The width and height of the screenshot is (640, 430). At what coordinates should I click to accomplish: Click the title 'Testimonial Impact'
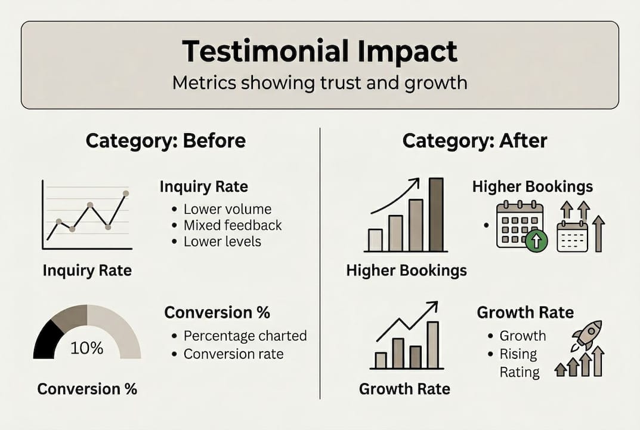pos(320,51)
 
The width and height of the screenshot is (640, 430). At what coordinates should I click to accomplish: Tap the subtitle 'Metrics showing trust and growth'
pos(320,82)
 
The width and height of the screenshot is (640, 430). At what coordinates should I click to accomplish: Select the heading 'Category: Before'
pos(165,141)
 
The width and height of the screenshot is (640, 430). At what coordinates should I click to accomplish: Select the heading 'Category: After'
pos(475,141)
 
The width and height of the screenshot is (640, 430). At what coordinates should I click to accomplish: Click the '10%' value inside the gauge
pos(87,348)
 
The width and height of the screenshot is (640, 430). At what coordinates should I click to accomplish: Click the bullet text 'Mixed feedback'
pos(233,225)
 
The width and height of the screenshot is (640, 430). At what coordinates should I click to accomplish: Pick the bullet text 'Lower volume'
pos(227,209)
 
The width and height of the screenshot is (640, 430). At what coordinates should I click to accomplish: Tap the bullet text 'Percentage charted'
pos(245,336)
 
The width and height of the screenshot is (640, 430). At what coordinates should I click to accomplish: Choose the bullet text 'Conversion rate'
pos(233,354)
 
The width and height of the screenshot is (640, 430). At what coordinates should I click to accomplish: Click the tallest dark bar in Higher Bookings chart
pos(436,214)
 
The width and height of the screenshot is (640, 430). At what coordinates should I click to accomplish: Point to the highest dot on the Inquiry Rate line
pos(126,193)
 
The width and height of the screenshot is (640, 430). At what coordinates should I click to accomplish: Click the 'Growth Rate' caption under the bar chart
pos(404,389)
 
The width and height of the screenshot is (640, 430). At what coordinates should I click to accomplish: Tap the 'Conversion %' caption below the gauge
pos(87,389)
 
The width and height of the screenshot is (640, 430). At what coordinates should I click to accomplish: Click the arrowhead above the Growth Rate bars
pos(434,305)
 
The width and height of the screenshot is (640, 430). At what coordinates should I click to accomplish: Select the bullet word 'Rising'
pos(518,354)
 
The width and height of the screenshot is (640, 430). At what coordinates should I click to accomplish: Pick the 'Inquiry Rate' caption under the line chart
pos(87,270)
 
